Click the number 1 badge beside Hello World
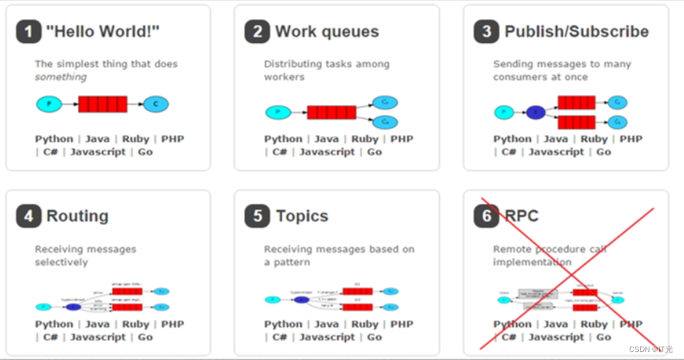tap(28, 32)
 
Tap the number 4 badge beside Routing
tap(28, 217)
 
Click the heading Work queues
tap(326, 32)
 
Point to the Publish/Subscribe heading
tap(576, 32)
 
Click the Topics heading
tap(301, 217)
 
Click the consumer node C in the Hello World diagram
tap(155, 104)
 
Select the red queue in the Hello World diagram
tap(102, 104)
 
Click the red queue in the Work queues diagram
tap(331, 112)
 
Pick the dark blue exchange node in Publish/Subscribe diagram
tap(535, 112)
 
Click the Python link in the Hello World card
tap(54, 139)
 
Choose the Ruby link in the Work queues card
tap(365, 139)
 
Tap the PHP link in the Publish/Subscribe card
tap(631, 139)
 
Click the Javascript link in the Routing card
tap(98, 337)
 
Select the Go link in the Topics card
tap(374, 337)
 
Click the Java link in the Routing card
tap(97, 323)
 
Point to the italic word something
tap(61, 77)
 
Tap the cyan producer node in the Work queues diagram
tap(278, 112)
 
